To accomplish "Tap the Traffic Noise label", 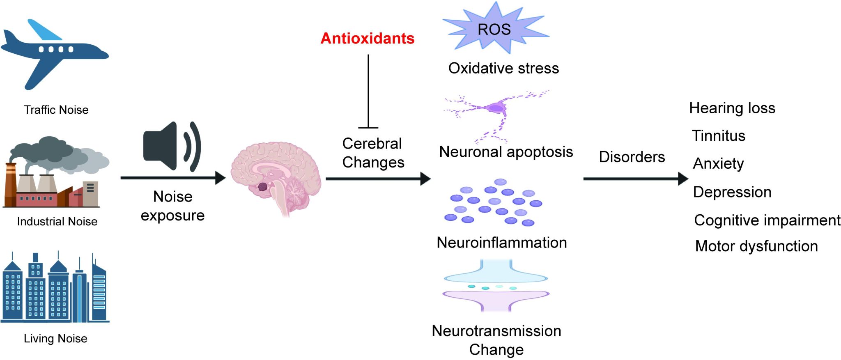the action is (56, 110).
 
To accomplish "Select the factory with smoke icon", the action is (57, 172).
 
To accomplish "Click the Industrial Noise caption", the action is (57, 222).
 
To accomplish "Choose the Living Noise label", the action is (55, 339).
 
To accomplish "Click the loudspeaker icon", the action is (172, 146).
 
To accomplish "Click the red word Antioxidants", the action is (368, 38).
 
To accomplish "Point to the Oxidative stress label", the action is (503, 68).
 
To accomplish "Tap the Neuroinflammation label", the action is (502, 243).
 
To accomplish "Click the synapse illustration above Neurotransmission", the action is (496, 285).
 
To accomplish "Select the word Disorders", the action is (632, 157).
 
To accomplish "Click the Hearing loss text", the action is (732, 108).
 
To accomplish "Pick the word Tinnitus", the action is (719, 136).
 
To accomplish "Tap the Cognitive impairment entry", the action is (767, 220).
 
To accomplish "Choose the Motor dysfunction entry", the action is (756, 246).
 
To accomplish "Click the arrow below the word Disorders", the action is (636, 179).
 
